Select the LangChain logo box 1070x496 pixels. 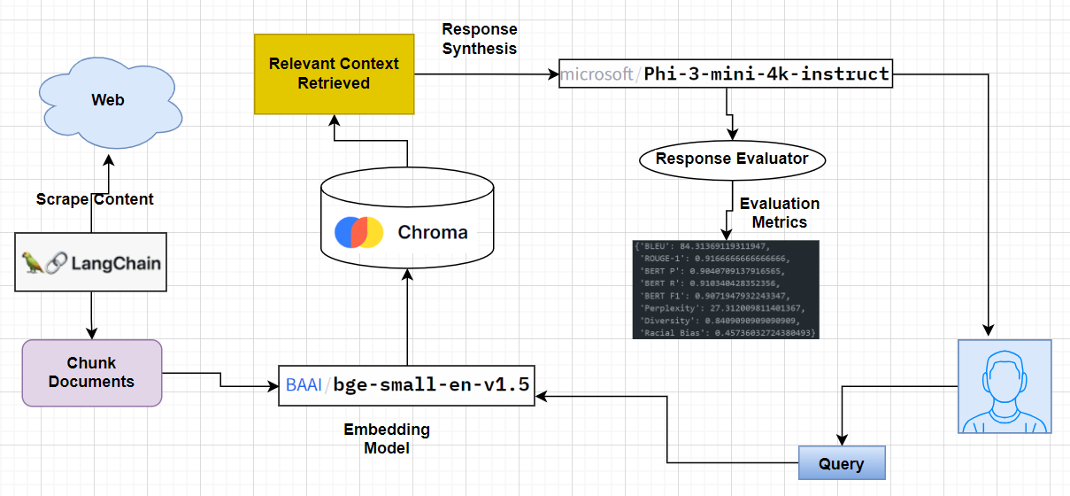tap(90, 263)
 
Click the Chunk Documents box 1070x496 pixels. tap(92, 373)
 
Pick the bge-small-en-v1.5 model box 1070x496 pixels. tap(406, 385)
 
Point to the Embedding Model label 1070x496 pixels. tap(387, 438)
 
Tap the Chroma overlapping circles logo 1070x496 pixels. tap(358, 232)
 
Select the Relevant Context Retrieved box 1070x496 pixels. tap(334, 74)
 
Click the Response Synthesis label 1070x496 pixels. tap(479, 39)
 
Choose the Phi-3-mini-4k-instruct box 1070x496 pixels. tap(726, 74)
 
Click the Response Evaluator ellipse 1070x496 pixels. tap(731, 159)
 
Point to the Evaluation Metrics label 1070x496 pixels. tap(779, 213)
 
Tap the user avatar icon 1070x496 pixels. tap(1004, 386)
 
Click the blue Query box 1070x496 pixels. tap(841, 463)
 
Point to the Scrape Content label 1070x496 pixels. tap(95, 199)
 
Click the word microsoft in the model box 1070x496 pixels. tap(596, 74)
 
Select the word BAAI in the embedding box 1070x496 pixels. tap(304, 385)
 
